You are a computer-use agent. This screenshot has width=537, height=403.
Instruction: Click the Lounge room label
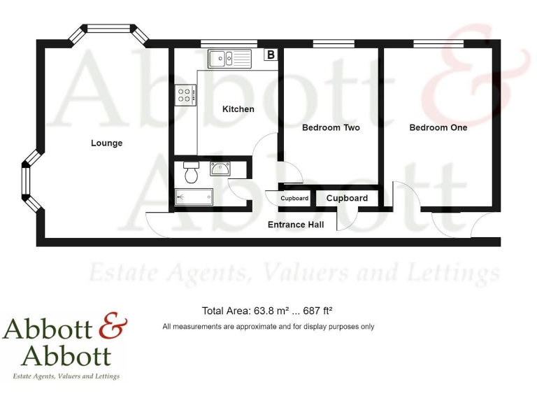tap(106, 143)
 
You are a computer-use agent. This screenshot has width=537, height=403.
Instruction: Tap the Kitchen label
tap(238, 109)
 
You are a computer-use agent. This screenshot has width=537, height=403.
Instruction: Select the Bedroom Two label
tap(331, 128)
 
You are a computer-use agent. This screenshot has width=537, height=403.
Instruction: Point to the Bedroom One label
tap(438, 128)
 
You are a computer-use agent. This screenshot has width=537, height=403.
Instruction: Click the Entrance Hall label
tap(296, 225)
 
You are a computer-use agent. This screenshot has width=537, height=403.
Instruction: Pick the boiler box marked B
tap(271, 55)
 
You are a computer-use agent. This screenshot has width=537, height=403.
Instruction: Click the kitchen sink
tap(229, 58)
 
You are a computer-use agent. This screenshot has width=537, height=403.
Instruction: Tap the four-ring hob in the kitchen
tap(186, 94)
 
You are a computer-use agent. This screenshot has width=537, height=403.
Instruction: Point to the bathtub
tap(193, 197)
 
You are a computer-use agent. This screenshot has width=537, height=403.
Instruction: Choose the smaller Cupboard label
tap(294, 199)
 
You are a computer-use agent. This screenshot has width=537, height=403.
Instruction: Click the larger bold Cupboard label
tap(347, 198)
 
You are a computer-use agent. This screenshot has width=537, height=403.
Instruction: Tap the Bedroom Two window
tap(334, 44)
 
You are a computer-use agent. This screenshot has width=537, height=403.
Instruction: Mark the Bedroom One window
tap(438, 44)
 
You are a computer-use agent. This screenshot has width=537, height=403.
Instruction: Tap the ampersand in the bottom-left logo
tap(113, 327)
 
